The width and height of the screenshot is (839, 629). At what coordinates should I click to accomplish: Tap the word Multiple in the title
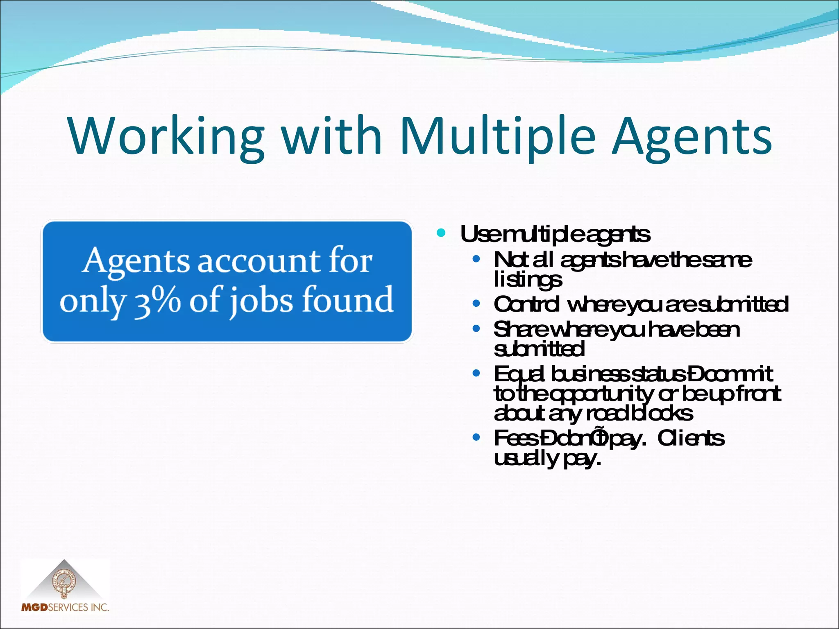[497, 136]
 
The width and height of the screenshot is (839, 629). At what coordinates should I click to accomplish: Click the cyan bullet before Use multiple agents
[441, 233]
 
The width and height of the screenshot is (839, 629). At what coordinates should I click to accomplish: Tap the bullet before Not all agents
[476, 259]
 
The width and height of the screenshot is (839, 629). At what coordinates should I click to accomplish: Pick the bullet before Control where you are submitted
[476, 304]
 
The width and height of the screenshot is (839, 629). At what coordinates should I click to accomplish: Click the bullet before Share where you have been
[476, 328]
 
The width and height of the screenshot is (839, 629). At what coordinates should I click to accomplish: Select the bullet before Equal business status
[476, 373]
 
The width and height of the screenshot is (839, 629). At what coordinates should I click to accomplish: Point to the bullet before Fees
[476, 437]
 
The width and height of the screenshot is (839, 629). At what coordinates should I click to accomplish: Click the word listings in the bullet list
[528, 280]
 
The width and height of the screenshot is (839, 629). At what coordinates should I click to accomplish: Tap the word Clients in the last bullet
[691, 438]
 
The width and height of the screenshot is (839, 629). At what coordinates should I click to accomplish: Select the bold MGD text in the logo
[34, 607]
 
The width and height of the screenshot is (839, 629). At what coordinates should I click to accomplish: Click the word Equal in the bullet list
[519, 374]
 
